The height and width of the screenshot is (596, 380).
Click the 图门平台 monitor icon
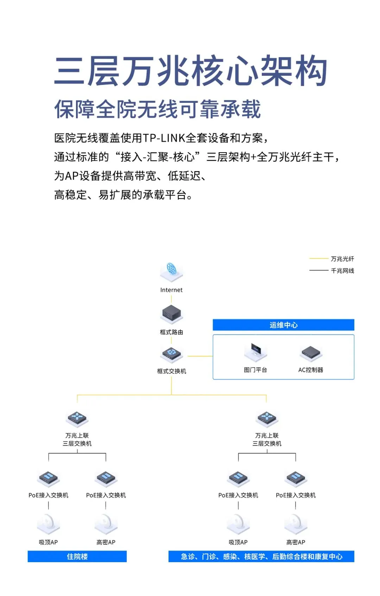pos(255,352)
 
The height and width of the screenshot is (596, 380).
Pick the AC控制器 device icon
pos(311,353)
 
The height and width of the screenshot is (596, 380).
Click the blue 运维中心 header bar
pos(283,325)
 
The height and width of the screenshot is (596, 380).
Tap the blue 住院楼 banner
pos(77,556)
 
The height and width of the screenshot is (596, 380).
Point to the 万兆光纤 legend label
pos(342,259)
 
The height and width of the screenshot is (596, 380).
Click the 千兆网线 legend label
pos(342,271)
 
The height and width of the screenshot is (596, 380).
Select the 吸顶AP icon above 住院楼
pos(48,524)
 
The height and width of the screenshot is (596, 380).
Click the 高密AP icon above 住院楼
pos(106,524)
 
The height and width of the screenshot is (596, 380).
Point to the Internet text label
pos(171,290)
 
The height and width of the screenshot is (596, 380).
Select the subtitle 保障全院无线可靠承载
pos(157,109)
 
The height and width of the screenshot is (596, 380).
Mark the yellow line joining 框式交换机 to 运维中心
pos(200,356)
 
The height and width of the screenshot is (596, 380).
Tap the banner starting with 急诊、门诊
pos(261,556)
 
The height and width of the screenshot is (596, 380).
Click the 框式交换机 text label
pos(171,371)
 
